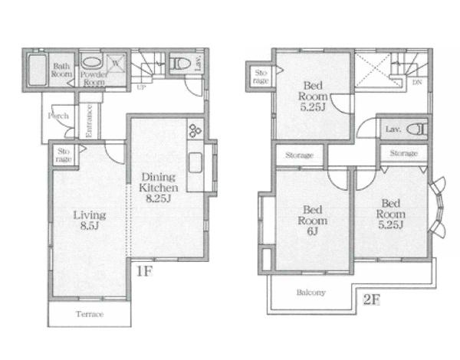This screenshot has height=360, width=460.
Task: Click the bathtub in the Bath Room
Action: (38, 70)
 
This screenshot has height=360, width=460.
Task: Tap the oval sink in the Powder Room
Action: (91, 63)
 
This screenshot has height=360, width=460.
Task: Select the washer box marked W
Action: (116, 63)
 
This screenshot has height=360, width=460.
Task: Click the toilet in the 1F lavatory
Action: (180, 64)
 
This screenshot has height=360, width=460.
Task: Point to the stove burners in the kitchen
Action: (194, 130)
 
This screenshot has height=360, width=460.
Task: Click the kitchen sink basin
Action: (195, 162)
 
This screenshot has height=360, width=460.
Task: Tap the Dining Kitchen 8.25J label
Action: (159, 188)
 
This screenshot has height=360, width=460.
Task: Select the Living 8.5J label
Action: (89, 221)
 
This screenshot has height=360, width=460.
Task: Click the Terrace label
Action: (90, 314)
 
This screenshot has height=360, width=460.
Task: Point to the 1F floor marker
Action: (144, 271)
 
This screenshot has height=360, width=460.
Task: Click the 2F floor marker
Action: (371, 299)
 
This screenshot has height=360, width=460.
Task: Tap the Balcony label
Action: (311, 293)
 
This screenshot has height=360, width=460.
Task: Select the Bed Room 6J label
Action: (313, 221)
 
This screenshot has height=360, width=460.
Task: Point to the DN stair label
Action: (417, 83)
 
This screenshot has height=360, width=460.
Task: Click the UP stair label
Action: (141, 87)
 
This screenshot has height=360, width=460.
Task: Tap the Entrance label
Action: (89, 120)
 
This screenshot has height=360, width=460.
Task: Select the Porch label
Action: (58, 116)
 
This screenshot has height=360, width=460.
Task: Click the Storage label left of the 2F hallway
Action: (300, 155)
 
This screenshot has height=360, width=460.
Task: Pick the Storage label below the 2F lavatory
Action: (404, 153)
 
